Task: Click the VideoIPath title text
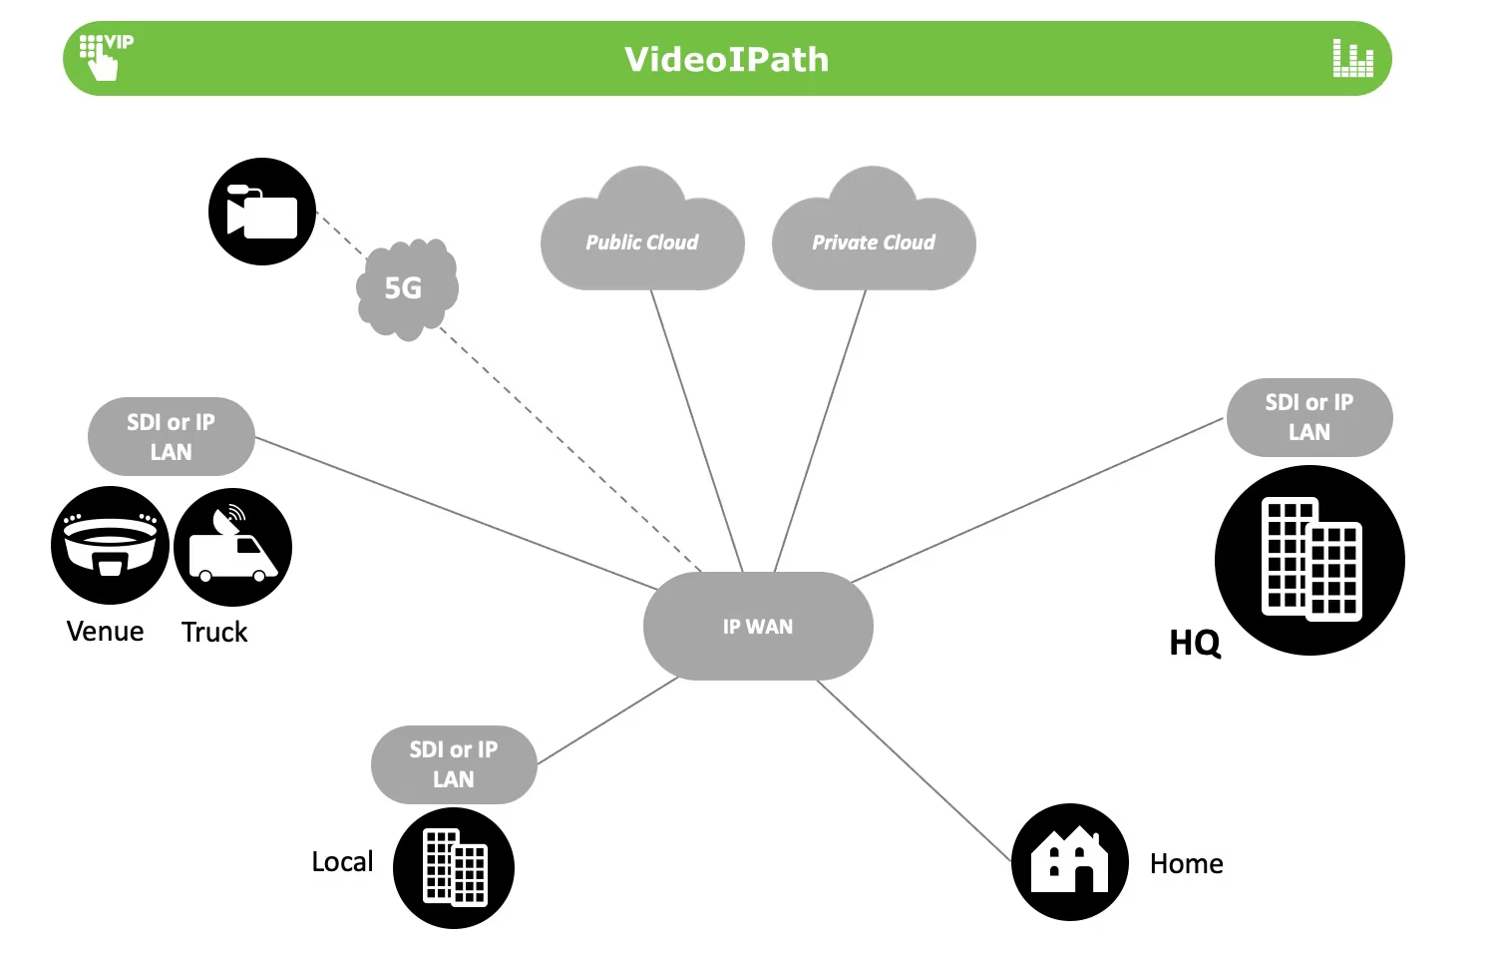tap(726, 59)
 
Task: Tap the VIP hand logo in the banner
tap(104, 56)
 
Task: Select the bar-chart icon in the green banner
tap(1352, 59)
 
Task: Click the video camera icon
tap(261, 212)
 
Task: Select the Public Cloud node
tap(642, 241)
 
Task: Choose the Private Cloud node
tap(874, 241)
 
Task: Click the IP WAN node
tap(758, 626)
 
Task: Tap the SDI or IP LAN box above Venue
tap(171, 436)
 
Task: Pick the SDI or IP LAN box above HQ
tap(1308, 417)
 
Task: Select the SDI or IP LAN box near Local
tap(454, 763)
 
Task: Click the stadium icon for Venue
tap(110, 545)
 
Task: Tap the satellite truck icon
tap(232, 547)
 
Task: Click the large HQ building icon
tap(1309, 560)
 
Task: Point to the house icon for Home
tap(1070, 861)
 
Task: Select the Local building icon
tap(454, 868)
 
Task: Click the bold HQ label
tap(1194, 643)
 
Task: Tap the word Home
tap(1186, 863)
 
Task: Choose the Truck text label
tap(214, 632)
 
